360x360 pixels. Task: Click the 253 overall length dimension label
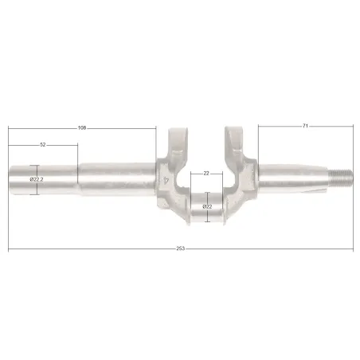(180, 248)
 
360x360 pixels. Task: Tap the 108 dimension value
(82, 128)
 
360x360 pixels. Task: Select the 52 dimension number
(43, 145)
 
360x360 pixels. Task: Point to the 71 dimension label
(305, 126)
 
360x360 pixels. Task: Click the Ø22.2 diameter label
(37, 179)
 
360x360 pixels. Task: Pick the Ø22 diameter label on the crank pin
(207, 206)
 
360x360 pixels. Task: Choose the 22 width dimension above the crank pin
(206, 174)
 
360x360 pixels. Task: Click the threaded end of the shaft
(341, 178)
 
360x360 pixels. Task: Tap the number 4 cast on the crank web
(166, 181)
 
